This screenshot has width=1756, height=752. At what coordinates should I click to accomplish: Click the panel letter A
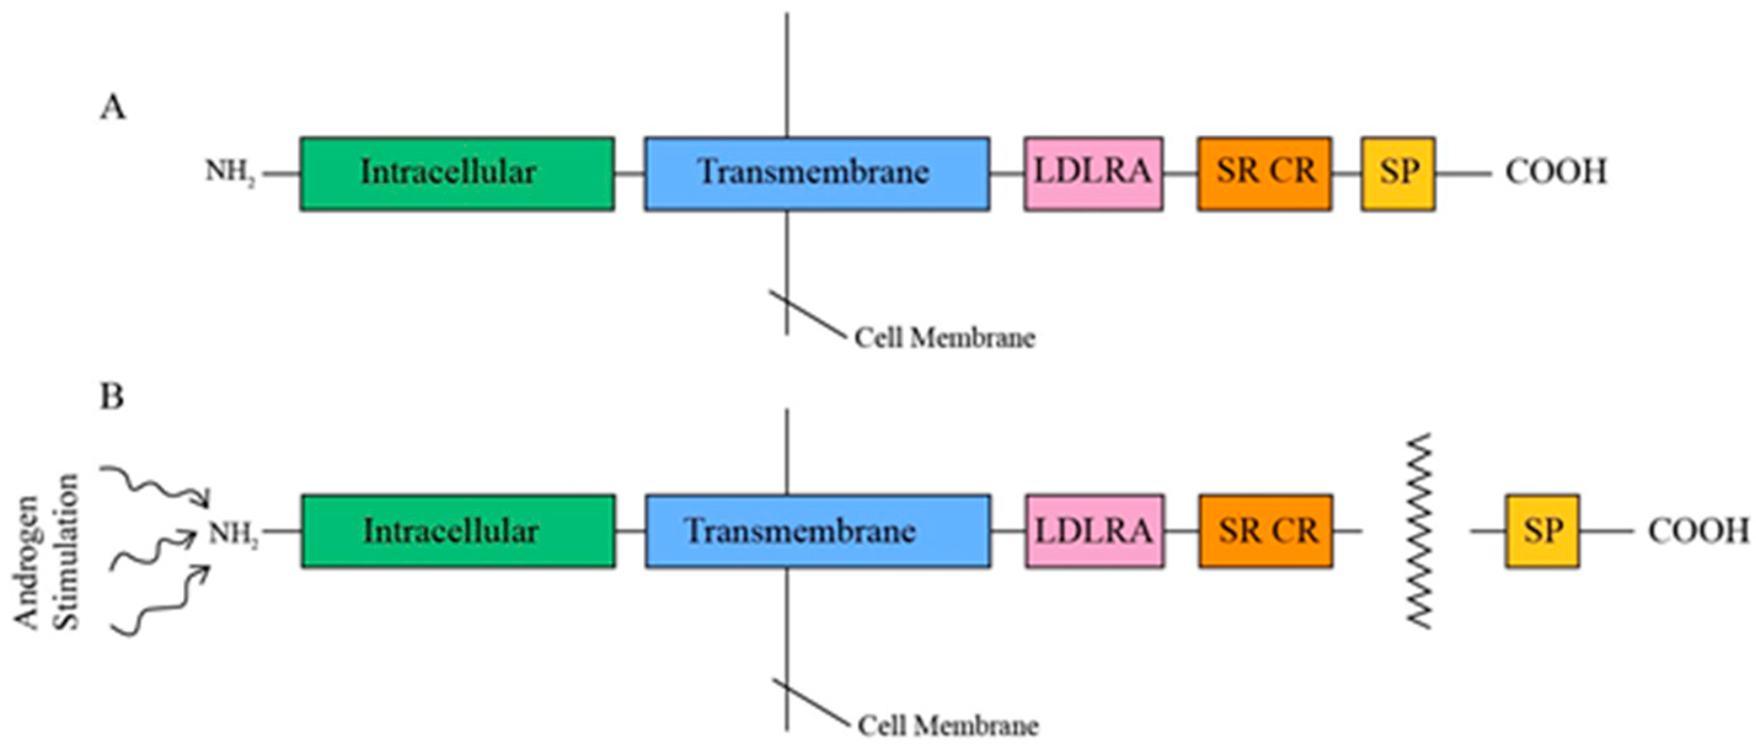(x=113, y=108)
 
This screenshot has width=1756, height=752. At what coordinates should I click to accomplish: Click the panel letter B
(x=112, y=396)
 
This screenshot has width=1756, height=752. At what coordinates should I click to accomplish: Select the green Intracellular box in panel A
(x=457, y=173)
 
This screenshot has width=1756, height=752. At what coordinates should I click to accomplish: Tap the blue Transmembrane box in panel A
(x=817, y=173)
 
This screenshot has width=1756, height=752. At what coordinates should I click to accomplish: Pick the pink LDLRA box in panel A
(x=1093, y=173)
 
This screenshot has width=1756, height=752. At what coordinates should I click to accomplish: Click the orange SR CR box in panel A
(x=1265, y=173)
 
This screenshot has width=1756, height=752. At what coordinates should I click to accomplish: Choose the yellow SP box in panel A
(x=1398, y=173)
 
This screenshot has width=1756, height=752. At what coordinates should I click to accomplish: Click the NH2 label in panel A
(x=231, y=173)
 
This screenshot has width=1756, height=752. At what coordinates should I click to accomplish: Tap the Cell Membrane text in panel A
(x=945, y=338)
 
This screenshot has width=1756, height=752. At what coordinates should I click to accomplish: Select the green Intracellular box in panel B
(x=458, y=531)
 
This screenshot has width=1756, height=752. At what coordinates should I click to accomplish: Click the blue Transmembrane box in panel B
(x=817, y=531)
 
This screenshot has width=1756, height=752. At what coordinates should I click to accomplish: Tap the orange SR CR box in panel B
(x=1266, y=531)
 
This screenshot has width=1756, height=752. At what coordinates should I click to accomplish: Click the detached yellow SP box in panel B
(x=1542, y=531)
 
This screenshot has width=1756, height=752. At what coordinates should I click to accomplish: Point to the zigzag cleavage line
(x=1420, y=531)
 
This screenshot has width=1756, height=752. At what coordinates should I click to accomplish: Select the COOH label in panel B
(x=1699, y=531)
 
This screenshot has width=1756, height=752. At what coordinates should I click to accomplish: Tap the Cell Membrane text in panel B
(x=947, y=726)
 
